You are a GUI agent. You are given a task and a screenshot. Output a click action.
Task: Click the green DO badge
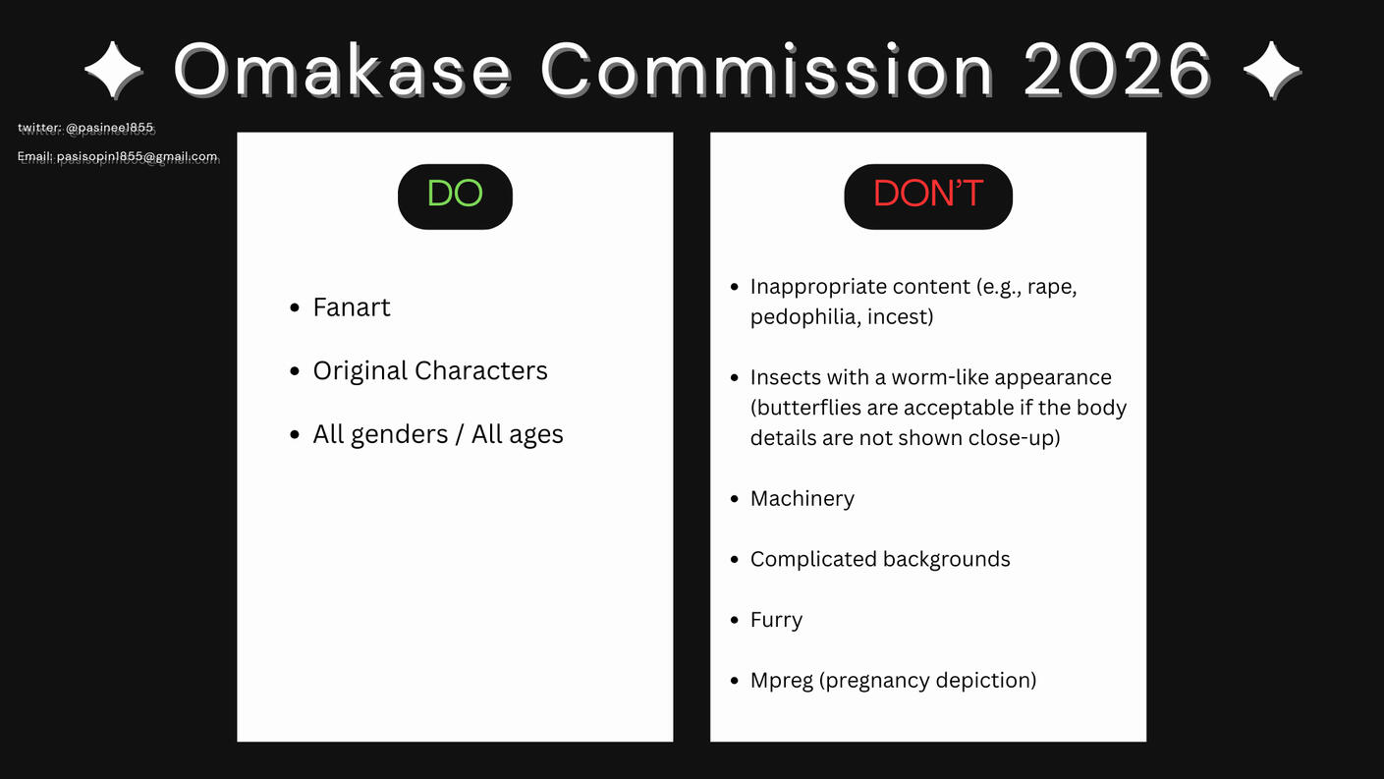click(x=455, y=196)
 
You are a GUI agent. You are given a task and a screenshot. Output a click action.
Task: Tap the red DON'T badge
click(x=928, y=196)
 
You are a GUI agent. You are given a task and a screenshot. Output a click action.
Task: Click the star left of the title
click(x=114, y=70)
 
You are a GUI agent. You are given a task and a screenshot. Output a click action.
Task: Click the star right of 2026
click(x=1272, y=70)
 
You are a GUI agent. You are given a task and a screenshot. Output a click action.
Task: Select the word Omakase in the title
click(x=343, y=70)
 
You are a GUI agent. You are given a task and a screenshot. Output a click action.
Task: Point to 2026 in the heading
click(x=1118, y=70)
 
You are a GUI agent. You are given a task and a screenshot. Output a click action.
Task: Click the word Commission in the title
click(x=767, y=70)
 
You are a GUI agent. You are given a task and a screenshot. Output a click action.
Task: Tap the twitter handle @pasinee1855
click(x=109, y=128)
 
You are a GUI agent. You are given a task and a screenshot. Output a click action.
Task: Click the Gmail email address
click(x=138, y=156)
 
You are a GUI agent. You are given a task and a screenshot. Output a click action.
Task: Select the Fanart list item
click(x=352, y=307)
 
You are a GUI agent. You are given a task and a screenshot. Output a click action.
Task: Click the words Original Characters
click(x=430, y=370)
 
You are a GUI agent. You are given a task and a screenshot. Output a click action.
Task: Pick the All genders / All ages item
click(x=438, y=434)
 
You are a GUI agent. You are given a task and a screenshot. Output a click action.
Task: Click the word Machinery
click(x=802, y=498)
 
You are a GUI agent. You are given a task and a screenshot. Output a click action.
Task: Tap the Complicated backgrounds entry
click(x=880, y=559)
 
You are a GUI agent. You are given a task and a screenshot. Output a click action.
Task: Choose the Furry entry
click(x=776, y=620)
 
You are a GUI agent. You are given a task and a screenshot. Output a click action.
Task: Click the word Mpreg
click(x=782, y=680)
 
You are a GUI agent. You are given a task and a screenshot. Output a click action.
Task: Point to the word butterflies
click(x=806, y=408)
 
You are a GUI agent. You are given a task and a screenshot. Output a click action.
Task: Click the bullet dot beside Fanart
click(x=295, y=307)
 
